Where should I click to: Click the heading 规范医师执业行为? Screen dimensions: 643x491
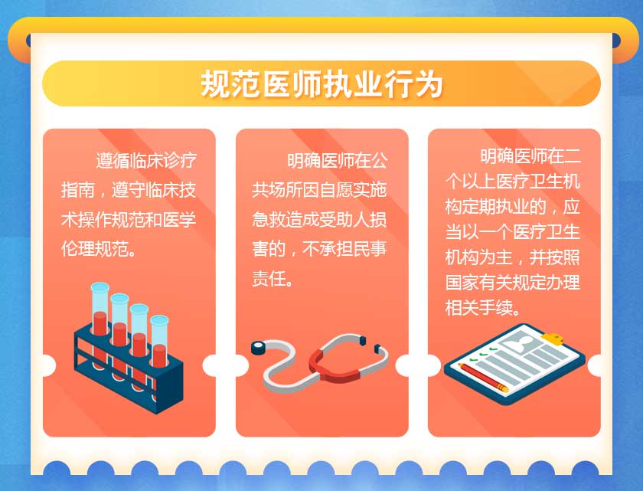(321, 84)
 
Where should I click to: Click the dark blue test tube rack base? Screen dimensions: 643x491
(129, 369)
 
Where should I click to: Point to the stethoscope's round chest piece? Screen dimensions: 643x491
(259, 348)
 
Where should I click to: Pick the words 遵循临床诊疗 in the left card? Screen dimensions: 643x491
(146, 160)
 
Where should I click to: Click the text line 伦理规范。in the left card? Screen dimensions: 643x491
(99, 249)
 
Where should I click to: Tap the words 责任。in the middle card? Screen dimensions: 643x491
(273, 279)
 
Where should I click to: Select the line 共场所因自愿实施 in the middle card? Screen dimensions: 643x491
(319, 190)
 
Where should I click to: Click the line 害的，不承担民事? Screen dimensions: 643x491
(319, 249)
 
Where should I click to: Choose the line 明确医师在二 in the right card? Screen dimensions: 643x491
(530, 155)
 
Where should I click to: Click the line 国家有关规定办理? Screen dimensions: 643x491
(513, 282)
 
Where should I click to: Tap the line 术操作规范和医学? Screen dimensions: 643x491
(129, 219)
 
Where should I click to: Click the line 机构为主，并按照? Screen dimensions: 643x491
(513, 257)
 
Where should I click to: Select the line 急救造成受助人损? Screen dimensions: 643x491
(319, 219)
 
